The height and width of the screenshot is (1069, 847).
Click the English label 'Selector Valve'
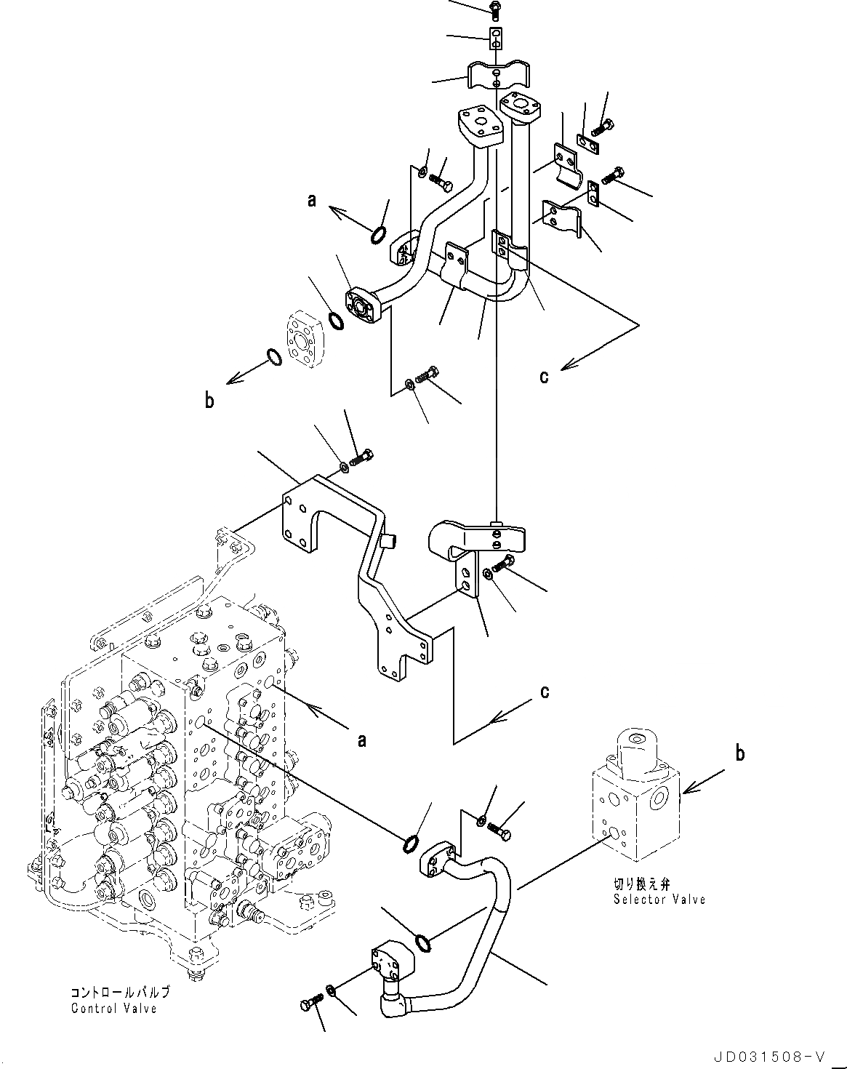[x=659, y=900]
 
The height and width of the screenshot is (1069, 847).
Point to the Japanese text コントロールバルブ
[x=120, y=993]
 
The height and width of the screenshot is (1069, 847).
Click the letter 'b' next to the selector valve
[x=739, y=753]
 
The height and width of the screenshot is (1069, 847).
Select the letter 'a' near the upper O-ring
[x=312, y=200]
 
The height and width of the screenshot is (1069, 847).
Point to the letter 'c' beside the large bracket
[x=544, y=691]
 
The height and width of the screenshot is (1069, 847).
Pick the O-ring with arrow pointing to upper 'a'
[x=378, y=235]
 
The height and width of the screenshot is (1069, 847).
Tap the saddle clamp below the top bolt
[x=497, y=76]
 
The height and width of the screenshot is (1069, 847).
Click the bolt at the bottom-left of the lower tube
[x=308, y=1006]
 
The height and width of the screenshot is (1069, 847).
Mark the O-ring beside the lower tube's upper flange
[x=412, y=844]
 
